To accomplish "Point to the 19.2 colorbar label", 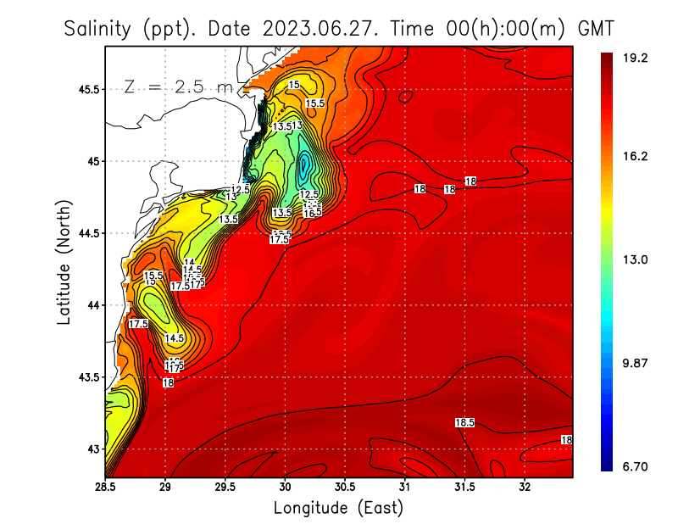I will pyautogui.click(x=635, y=59).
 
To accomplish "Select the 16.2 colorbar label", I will pyautogui.click(x=635, y=156).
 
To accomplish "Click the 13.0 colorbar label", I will pyautogui.click(x=635, y=259).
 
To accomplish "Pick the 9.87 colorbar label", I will pyautogui.click(x=635, y=363).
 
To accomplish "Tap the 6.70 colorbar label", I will pyautogui.click(x=635, y=466).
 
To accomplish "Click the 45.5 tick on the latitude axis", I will pyautogui.click(x=85, y=89).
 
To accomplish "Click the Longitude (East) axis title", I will pyautogui.click(x=338, y=508).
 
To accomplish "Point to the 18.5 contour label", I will pyautogui.click(x=464, y=422).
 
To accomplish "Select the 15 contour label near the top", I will pyautogui.click(x=294, y=85).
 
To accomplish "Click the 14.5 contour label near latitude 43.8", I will pyautogui.click(x=175, y=338).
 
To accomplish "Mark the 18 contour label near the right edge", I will pyautogui.click(x=566, y=440).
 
